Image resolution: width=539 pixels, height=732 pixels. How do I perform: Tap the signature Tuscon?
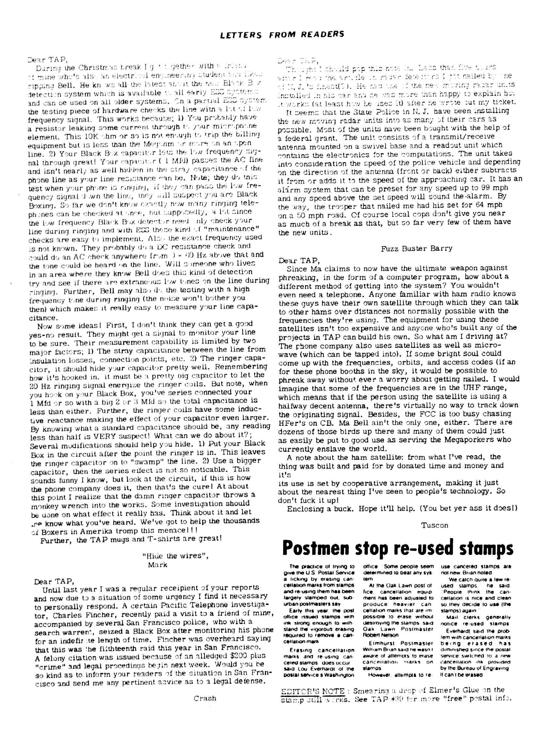[434, 525]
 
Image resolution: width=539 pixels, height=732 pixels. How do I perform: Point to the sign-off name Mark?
[157, 565]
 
